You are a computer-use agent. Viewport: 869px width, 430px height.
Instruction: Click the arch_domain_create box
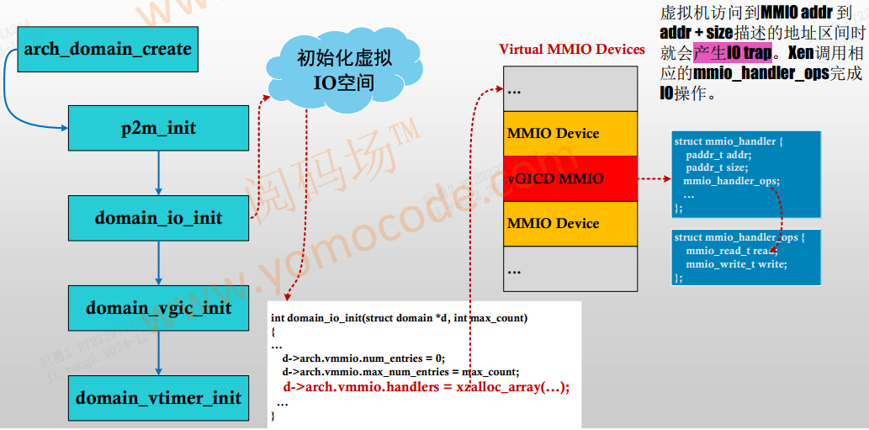click(108, 49)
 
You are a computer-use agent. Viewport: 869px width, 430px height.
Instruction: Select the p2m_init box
click(158, 128)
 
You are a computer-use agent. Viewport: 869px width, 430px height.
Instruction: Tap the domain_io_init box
click(158, 218)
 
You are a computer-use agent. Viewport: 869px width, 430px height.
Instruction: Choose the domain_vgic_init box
click(158, 308)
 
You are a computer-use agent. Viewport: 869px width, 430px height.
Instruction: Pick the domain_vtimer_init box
click(158, 398)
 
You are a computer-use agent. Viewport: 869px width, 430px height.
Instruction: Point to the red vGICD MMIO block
click(570, 178)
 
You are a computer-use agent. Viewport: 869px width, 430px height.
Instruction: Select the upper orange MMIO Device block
click(570, 133)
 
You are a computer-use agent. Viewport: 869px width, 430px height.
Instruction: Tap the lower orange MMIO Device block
click(570, 223)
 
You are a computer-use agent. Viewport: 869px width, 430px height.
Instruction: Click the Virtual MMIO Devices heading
click(572, 49)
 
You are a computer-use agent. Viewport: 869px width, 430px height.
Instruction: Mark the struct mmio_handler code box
click(745, 173)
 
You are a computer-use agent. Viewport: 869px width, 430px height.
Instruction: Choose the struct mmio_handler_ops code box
click(745, 257)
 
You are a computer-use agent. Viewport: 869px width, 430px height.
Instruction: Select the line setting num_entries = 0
click(363, 358)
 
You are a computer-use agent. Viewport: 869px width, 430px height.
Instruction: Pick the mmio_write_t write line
click(736, 264)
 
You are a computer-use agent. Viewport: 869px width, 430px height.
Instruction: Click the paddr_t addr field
click(718, 155)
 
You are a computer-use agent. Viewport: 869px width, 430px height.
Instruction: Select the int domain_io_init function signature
click(399, 318)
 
